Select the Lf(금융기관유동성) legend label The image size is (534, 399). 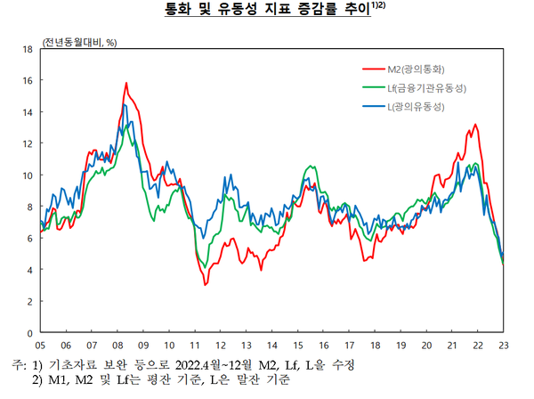point(427,87)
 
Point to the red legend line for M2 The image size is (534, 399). point(373,69)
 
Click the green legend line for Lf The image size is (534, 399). point(373,87)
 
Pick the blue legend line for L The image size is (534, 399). point(373,107)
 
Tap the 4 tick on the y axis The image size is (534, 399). point(29,270)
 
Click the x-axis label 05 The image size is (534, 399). point(40,345)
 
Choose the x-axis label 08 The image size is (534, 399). point(117,345)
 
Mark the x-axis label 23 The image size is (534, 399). point(505,345)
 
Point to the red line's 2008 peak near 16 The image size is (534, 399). point(126,83)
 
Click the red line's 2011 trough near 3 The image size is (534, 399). point(205,284)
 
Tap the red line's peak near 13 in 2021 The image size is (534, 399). point(475,125)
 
